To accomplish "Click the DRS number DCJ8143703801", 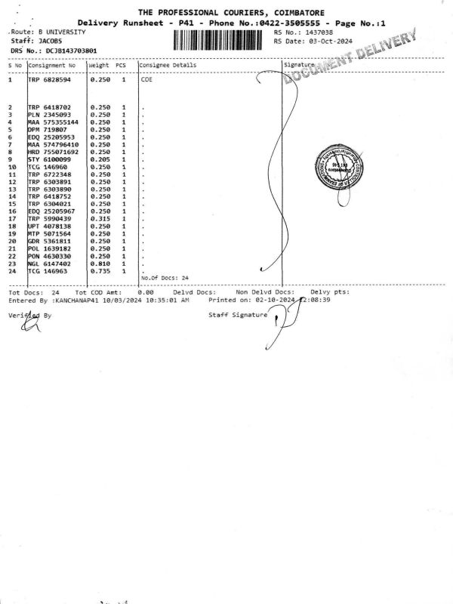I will click(x=66, y=51).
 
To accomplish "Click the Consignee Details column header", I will click(x=168, y=65).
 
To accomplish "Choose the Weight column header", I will click(x=100, y=65).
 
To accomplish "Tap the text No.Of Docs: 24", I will click(x=165, y=278).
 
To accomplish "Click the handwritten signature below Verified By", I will click(x=30, y=324).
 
